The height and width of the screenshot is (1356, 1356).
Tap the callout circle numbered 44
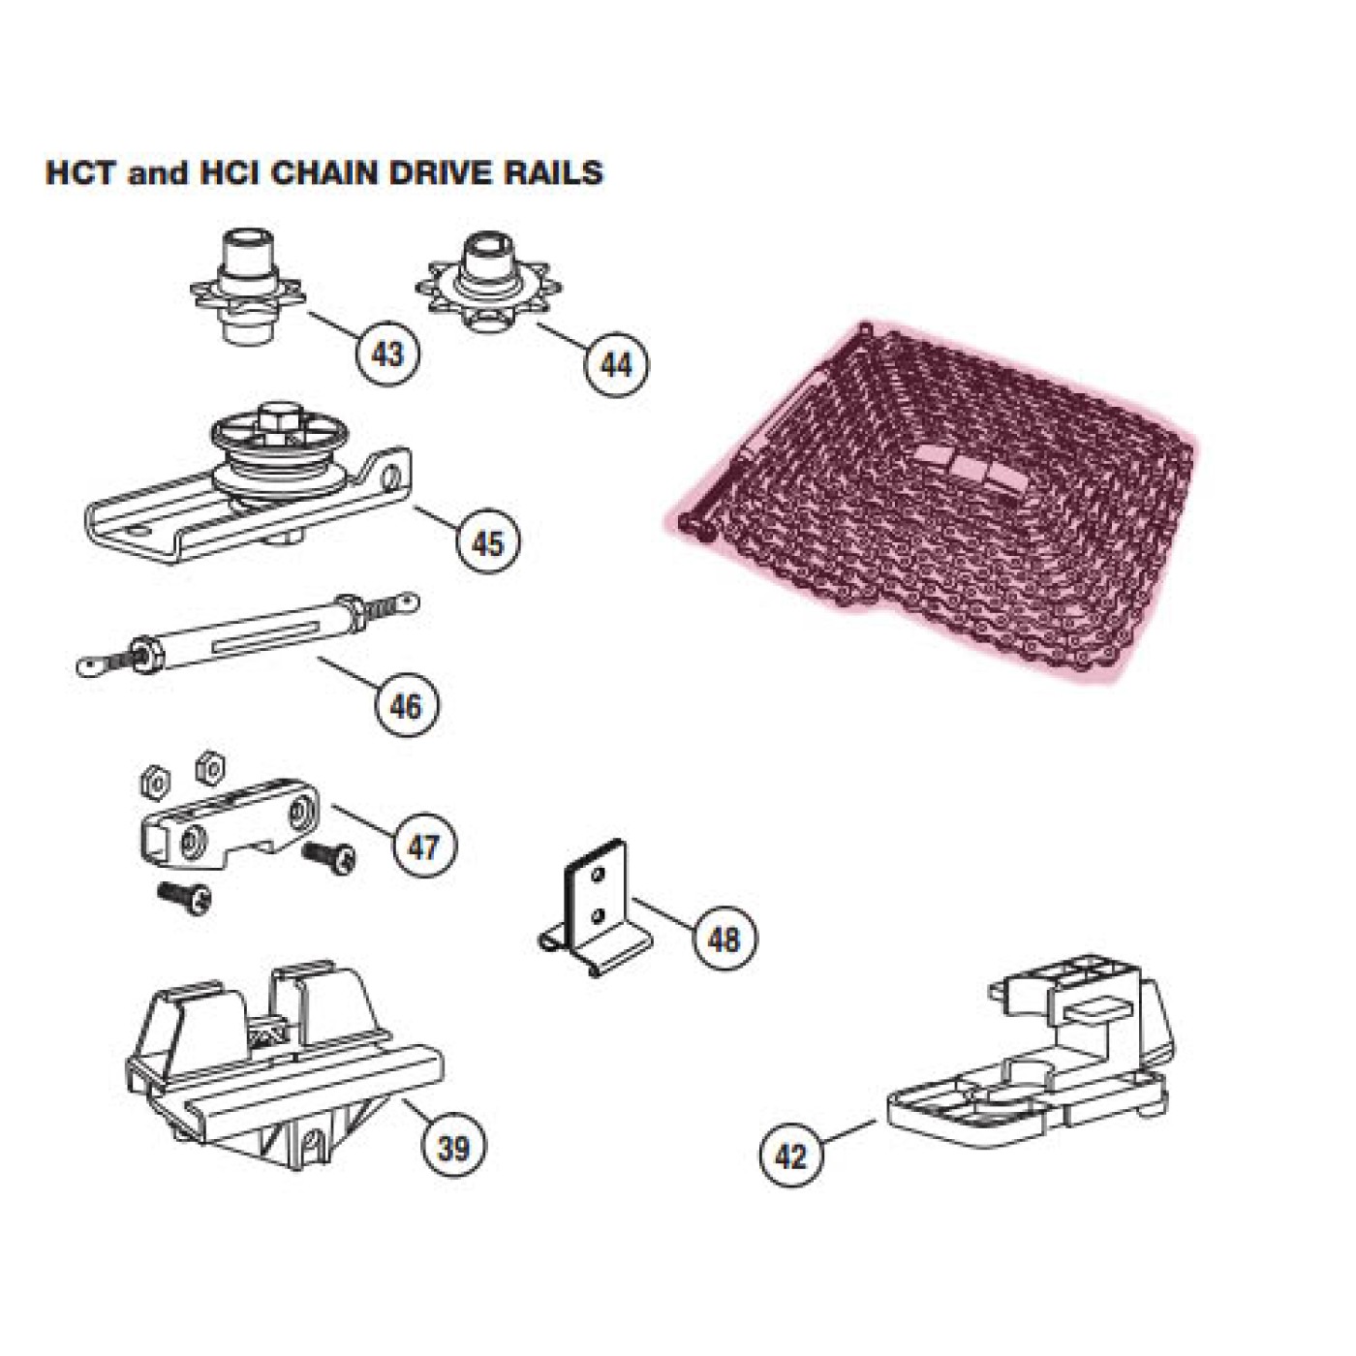coord(616,364)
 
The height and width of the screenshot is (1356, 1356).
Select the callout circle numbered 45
coord(487,541)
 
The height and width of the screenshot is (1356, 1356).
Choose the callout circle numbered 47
coord(424,847)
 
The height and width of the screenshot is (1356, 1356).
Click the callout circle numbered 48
coord(724,938)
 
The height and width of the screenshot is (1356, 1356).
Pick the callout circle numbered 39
coord(453,1147)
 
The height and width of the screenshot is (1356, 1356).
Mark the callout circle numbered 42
coord(790,1155)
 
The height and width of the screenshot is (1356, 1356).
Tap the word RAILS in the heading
coord(552,172)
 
